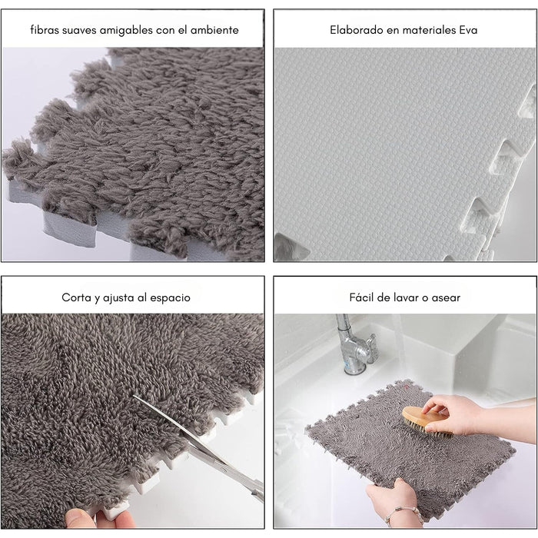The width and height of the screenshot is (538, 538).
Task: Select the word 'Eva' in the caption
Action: click(x=468, y=30)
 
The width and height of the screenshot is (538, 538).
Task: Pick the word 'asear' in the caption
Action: click(x=446, y=297)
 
